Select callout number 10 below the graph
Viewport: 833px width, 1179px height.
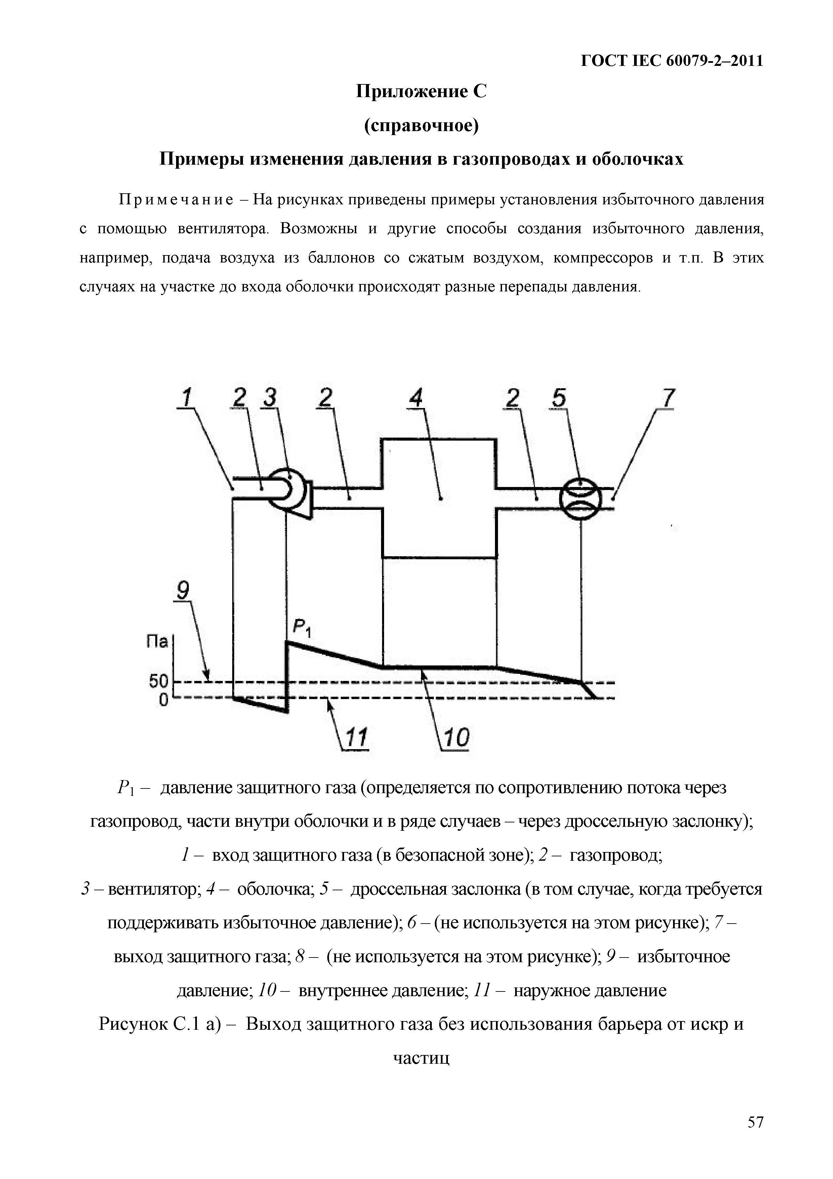(x=456, y=738)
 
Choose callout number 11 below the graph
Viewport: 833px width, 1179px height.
(x=356, y=738)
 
